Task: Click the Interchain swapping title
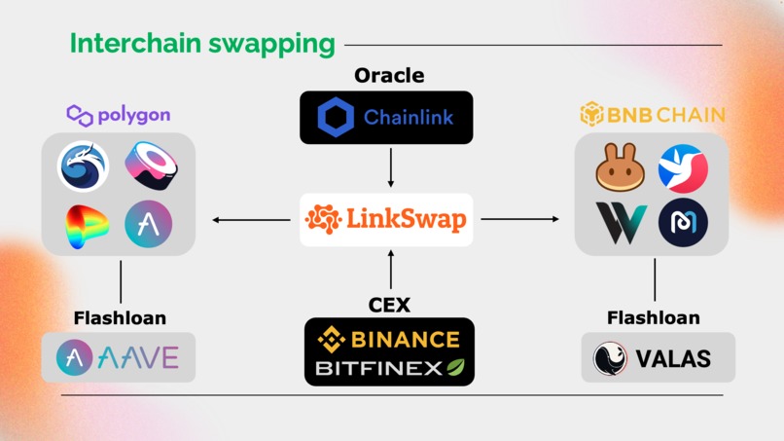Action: pyautogui.click(x=202, y=44)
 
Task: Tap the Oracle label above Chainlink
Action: pyautogui.click(x=389, y=75)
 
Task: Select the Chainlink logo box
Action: pyautogui.click(x=386, y=118)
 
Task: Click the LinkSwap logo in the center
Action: pyautogui.click(x=386, y=219)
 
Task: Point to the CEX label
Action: pyautogui.click(x=389, y=305)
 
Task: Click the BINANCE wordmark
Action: pyautogui.click(x=389, y=339)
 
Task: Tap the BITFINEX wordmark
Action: pyautogui.click(x=389, y=368)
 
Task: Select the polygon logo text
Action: pyautogui.click(x=119, y=115)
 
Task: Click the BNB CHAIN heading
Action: pyautogui.click(x=652, y=115)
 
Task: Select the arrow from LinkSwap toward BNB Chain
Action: pyautogui.click(x=520, y=219)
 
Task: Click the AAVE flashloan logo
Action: pyautogui.click(x=119, y=357)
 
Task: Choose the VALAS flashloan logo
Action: pyautogui.click(x=658, y=358)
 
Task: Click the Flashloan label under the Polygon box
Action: pyautogui.click(x=120, y=318)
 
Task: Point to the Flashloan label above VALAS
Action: pyautogui.click(x=653, y=318)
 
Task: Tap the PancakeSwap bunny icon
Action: pyautogui.click(x=620, y=169)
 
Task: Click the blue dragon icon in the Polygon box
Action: pyautogui.click(x=84, y=166)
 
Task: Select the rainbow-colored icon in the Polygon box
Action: pyautogui.click(x=88, y=227)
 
